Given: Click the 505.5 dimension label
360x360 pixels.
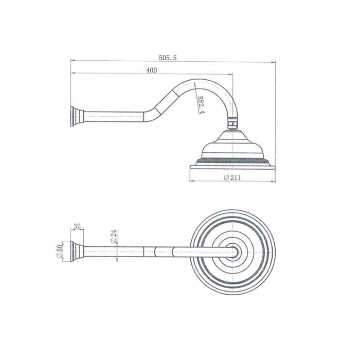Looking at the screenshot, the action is coord(168,58).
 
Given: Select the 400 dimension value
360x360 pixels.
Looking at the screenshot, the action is coord(152,70).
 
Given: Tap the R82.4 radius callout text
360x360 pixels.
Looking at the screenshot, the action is coord(202,105).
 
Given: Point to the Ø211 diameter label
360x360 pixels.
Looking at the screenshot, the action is coord(232,177).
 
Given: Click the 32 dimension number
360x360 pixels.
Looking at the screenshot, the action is coord(77,226).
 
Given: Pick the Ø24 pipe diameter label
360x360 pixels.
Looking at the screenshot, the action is coord(114,237).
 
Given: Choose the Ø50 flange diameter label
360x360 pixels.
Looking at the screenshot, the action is coord(59,251).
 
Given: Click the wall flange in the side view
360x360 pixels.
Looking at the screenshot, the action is coord(77,116).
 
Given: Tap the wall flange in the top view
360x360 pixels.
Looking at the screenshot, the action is coord(77,251).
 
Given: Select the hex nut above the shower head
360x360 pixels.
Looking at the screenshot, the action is coord(233,123).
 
